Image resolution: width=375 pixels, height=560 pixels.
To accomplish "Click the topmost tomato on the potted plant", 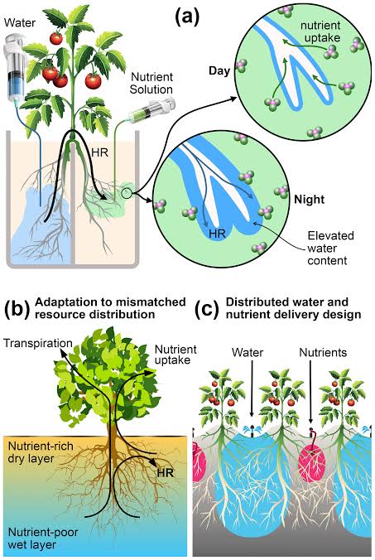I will [57, 37].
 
